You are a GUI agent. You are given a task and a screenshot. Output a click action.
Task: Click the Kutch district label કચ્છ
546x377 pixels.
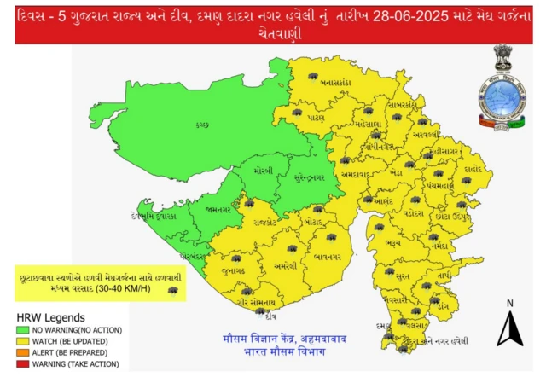click(x=201, y=125)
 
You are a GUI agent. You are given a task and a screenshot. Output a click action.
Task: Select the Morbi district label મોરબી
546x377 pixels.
click(x=264, y=171)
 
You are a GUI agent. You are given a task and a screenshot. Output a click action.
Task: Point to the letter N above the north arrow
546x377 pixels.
click(x=508, y=302)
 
